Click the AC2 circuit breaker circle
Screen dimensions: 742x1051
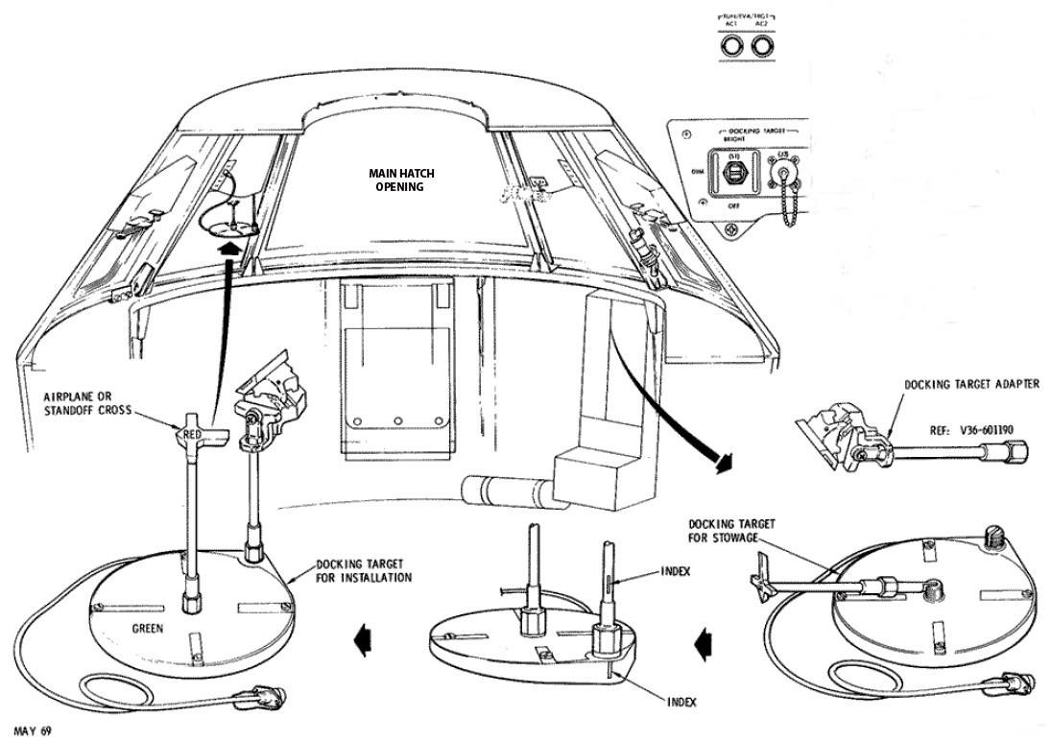pyautogui.click(x=764, y=45)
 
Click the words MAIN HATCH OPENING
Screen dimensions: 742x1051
pyautogui.click(x=402, y=180)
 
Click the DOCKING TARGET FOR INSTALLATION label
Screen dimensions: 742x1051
pyautogui.click(x=365, y=571)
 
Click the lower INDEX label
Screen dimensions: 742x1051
pyautogui.click(x=681, y=702)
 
